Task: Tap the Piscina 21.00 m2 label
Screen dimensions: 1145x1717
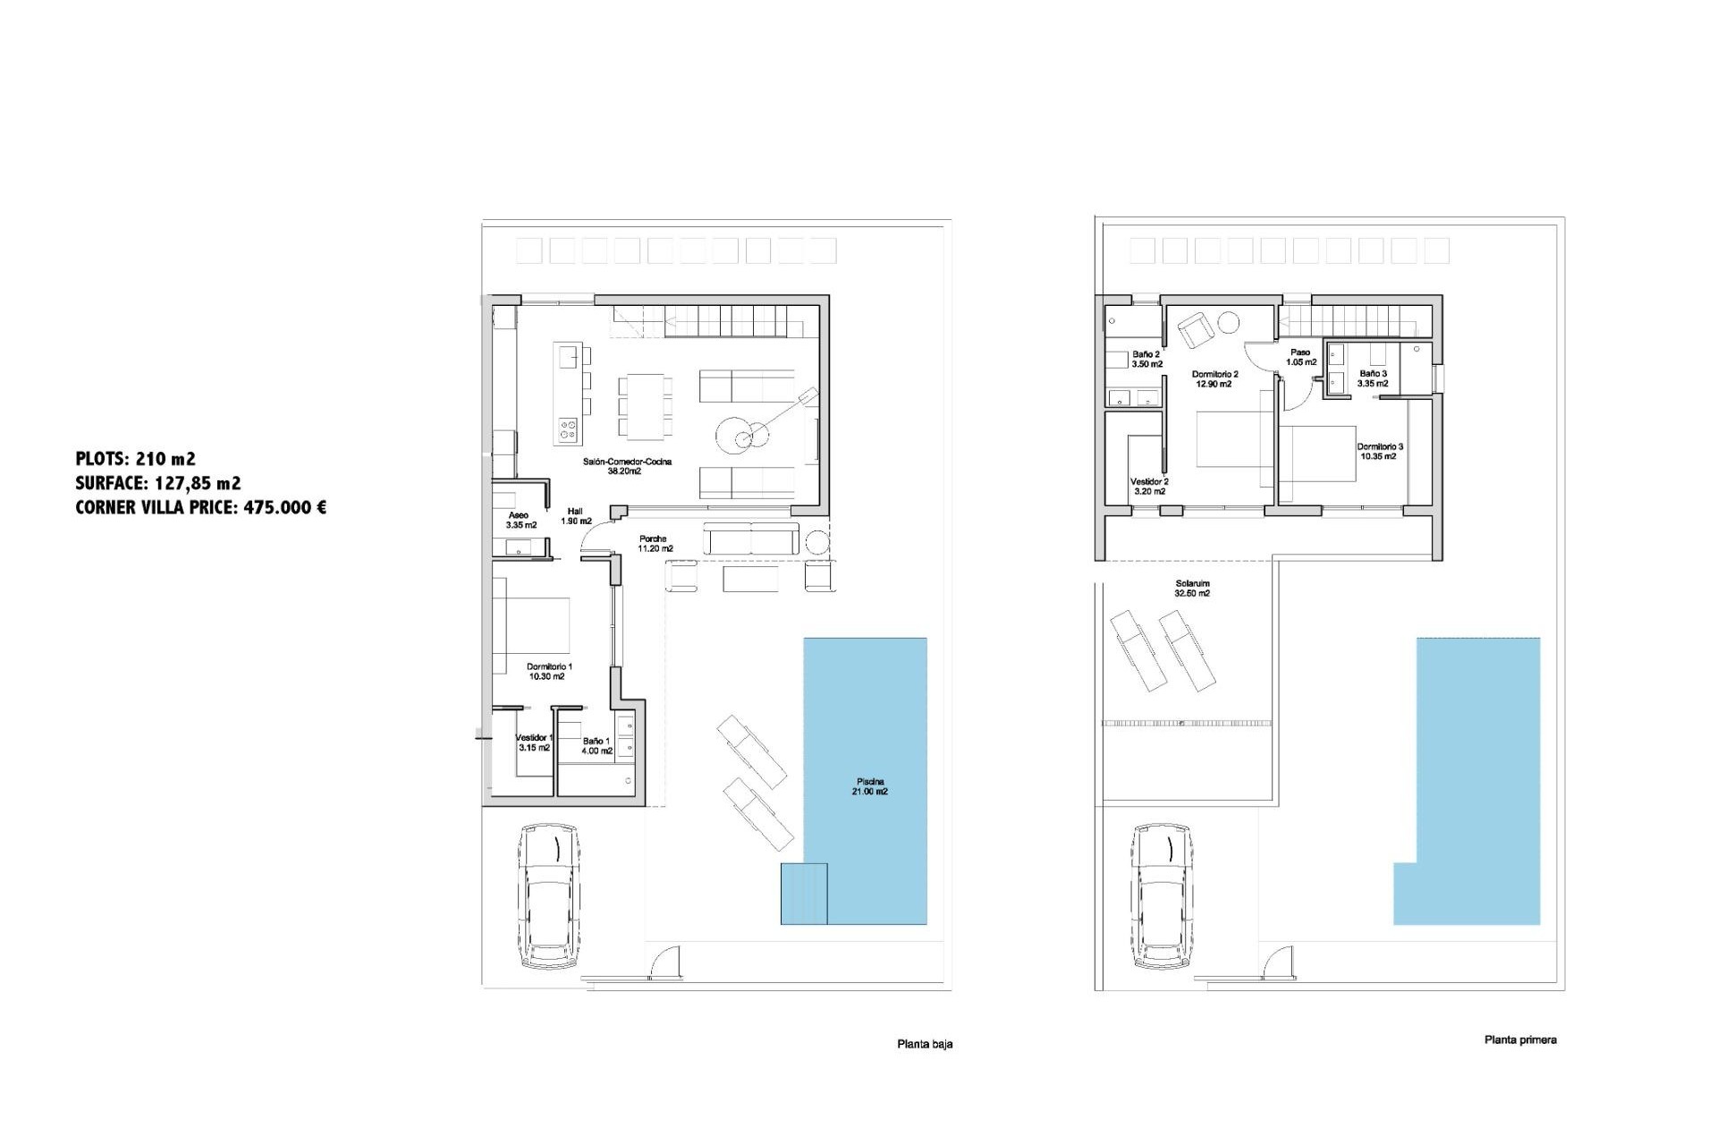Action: click(870, 786)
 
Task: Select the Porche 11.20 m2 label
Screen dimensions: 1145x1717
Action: click(655, 544)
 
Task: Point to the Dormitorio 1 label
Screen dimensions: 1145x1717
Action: click(548, 672)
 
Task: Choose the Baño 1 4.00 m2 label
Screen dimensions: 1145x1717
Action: click(596, 746)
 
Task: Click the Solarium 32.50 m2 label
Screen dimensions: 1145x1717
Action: click(1192, 589)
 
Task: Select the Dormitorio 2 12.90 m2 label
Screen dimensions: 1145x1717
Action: click(1214, 379)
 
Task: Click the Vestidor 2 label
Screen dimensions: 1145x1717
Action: click(1149, 486)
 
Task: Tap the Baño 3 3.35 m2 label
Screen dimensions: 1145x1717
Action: click(1373, 378)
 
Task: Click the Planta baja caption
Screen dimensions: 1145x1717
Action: click(925, 1044)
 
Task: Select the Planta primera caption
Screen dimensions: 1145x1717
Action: click(1520, 1039)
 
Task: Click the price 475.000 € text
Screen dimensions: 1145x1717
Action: click(284, 508)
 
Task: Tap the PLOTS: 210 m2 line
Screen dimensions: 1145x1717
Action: click(136, 459)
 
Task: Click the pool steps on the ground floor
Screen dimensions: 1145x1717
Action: click(803, 894)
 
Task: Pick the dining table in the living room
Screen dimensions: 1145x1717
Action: click(645, 407)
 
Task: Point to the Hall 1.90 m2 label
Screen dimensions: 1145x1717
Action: click(576, 516)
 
